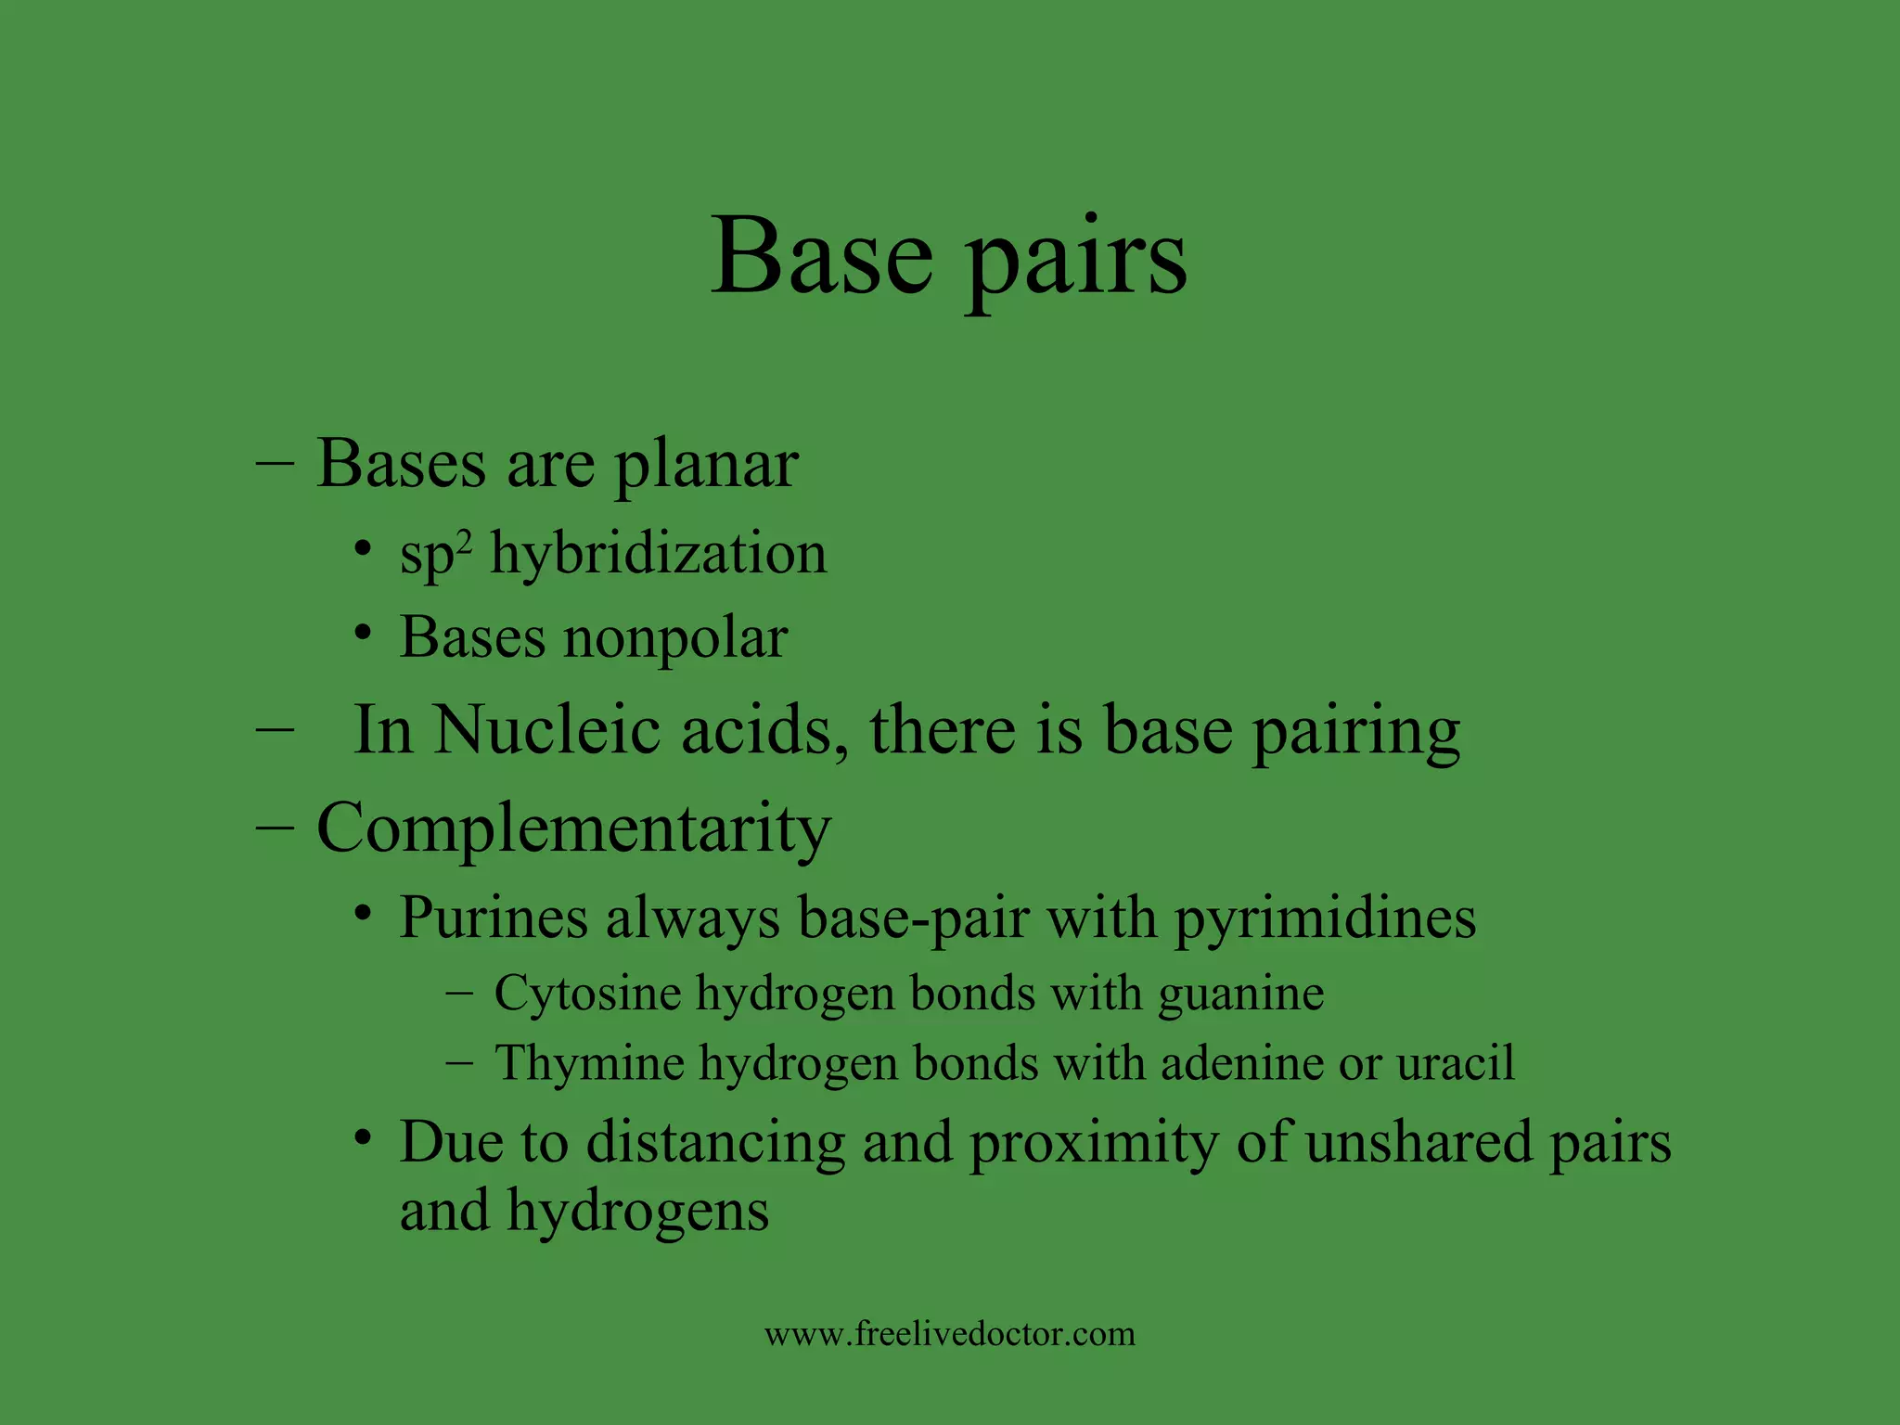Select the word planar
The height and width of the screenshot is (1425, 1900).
(x=706, y=465)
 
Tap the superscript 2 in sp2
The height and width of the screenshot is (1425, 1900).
(x=464, y=541)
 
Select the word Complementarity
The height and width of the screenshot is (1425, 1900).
(x=573, y=828)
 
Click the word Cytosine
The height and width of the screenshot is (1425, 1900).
(x=588, y=995)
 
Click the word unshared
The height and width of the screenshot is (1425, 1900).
(x=1419, y=1142)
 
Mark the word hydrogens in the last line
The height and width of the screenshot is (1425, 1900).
(x=637, y=1213)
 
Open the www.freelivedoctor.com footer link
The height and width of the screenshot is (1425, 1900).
(x=950, y=1334)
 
